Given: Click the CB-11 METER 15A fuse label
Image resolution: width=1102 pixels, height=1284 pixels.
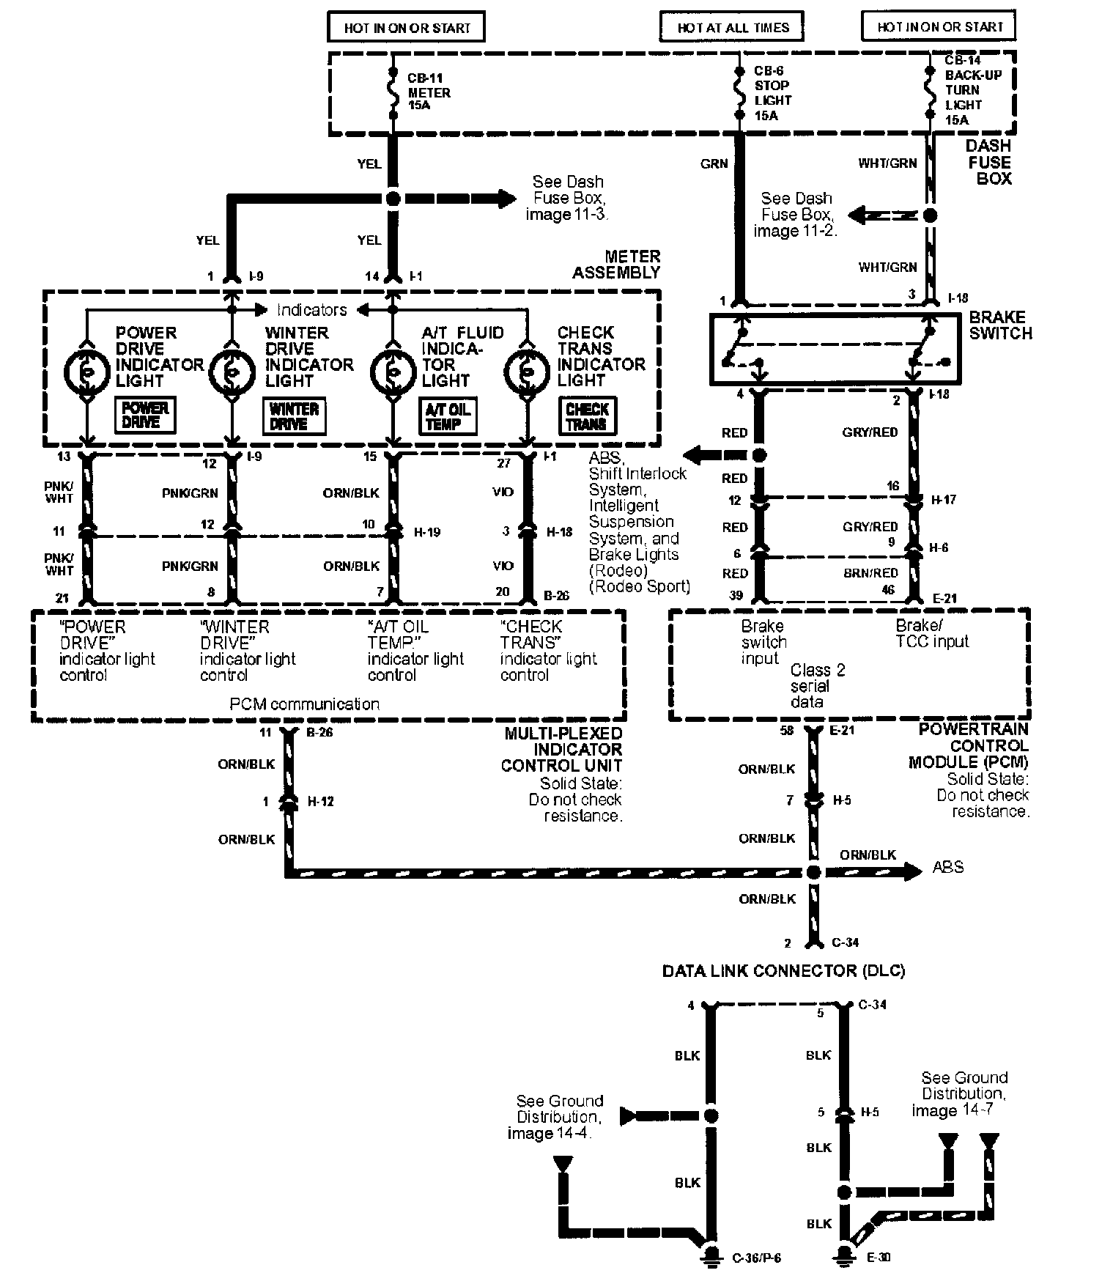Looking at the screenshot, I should click(x=429, y=92).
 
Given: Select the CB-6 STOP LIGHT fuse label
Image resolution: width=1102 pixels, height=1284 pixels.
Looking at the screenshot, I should click(x=773, y=93).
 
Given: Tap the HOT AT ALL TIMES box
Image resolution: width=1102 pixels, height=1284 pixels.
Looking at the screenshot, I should click(x=733, y=28).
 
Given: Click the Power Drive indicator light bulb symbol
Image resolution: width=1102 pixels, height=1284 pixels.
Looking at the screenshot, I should click(x=87, y=372).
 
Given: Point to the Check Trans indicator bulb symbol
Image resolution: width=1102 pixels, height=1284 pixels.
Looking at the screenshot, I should click(x=526, y=372).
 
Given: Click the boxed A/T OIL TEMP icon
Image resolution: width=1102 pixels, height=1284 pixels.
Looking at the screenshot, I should click(x=447, y=416).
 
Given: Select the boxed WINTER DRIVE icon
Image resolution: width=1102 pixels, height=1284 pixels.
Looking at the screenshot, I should click(x=293, y=416).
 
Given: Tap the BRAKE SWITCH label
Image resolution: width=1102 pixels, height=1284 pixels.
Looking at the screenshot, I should click(x=1000, y=325).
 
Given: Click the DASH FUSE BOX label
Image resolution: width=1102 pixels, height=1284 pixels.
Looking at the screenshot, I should click(x=989, y=162).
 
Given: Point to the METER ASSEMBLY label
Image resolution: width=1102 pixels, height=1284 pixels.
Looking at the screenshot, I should click(x=617, y=265).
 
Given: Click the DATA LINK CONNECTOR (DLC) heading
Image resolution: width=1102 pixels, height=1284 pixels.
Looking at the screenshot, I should click(x=783, y=971).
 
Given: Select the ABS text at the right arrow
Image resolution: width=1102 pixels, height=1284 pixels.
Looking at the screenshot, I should click(x=947, y=868).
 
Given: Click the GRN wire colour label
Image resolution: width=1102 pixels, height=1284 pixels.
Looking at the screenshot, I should click(x=714, y=163).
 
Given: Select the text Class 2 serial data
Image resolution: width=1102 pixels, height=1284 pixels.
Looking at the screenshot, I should click(x=817, y=686).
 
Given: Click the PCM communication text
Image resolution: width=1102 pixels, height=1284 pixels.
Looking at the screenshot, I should click(x=305, y=704).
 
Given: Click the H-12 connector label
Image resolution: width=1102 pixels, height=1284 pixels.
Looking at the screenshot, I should click(x=320, y=802).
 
